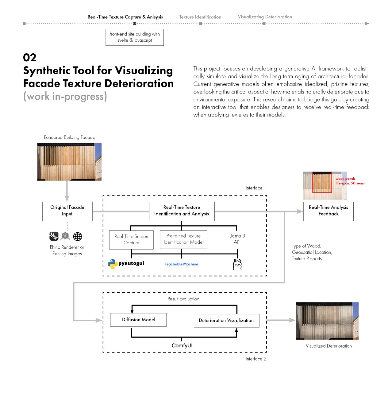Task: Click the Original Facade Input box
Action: click(67, 211)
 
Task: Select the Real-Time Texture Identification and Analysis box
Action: click(182, 211)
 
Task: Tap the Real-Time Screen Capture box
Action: click(131, 240)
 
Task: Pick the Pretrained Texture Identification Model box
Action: click(183, 239)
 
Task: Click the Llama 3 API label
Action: click(237, 239)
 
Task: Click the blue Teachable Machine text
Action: click(181, 264)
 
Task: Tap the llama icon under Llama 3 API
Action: click(237, 264)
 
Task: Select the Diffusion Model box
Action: click(138, 320)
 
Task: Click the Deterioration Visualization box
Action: click(226, 320)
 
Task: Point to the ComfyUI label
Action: click(182, 345)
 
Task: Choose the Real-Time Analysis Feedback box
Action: click(328, 211)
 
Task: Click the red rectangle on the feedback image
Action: click(322, 182)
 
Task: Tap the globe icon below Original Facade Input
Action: click(78, 236)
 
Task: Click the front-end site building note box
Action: click(135, 37)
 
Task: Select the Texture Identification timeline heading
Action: click(200, 17)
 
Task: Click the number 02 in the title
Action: click(29, 58)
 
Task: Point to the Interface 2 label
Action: click(256, 359)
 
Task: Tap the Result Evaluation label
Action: click(183, 299)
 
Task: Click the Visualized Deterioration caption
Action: click(329, 346)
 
